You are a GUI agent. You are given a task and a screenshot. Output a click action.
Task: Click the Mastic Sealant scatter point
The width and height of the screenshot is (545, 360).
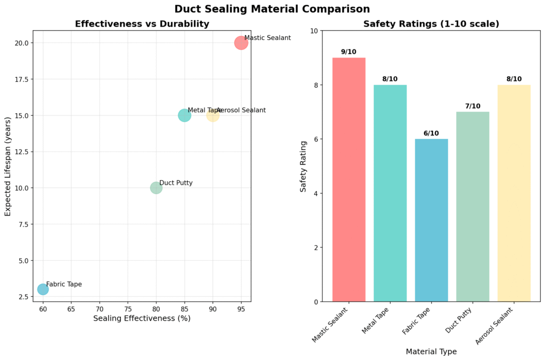coord(241,43)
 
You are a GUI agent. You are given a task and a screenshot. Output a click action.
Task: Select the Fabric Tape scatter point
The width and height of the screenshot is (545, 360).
coord(43,289)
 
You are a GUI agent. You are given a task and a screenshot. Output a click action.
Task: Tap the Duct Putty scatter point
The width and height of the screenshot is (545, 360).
coord(156,188)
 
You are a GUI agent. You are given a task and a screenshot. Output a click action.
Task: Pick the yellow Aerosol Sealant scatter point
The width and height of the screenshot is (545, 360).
coord(213,115)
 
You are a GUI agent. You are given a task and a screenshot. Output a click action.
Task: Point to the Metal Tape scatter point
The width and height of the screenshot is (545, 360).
coord(184,115)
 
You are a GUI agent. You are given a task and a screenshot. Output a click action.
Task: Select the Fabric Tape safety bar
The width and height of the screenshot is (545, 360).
coord(431,220)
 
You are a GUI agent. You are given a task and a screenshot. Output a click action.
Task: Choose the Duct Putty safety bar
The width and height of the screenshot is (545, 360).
coord(473,207)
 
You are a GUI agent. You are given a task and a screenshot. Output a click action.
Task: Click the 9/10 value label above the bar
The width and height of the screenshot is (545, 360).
coord(349,52)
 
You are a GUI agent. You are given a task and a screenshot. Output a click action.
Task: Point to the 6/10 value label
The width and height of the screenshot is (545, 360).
coord(431,133)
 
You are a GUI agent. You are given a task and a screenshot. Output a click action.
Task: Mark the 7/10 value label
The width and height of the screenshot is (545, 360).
coord(473,106)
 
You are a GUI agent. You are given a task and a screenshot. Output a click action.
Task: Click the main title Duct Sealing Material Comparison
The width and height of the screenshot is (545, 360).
coord(272,9)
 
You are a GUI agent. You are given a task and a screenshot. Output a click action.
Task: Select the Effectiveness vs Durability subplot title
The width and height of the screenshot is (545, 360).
coord(142,24)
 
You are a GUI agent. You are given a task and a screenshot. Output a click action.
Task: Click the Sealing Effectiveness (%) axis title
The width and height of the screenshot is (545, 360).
coord(142,319)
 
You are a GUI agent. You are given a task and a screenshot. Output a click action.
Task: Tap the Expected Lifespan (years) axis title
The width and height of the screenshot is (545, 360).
coord(9,166)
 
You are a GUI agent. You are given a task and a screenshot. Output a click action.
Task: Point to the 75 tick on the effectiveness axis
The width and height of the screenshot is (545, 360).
coord(128,308)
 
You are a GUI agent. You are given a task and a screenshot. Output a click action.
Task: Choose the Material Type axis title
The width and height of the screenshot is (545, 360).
coord(431,351)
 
